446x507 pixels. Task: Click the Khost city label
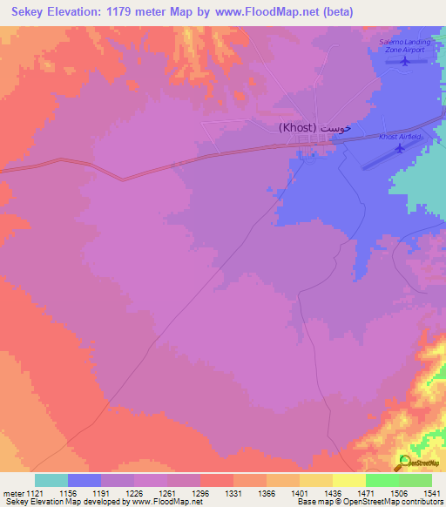click(x=315, y=127)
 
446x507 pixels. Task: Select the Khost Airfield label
click(x=401, y=137)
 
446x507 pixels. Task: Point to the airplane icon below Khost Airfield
click(x=400, y=148)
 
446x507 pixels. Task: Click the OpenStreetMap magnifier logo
click(x=405, y=463)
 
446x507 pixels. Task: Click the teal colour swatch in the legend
click(x=51, y=480)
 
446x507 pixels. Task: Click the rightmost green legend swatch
click(x=416, y=480)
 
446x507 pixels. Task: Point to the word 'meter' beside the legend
click(x=14, y=492)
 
